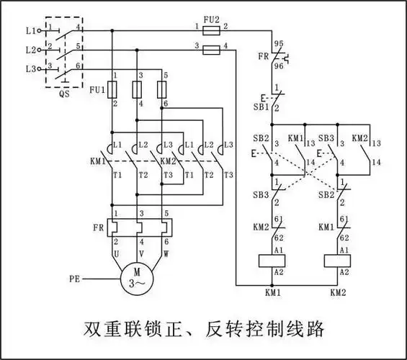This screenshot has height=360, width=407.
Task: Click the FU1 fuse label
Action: [x=97, y=90]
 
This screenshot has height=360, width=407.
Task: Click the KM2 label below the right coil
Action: [x=339, y=294]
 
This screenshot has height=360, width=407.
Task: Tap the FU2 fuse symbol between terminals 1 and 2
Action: [x=211, y=31]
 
